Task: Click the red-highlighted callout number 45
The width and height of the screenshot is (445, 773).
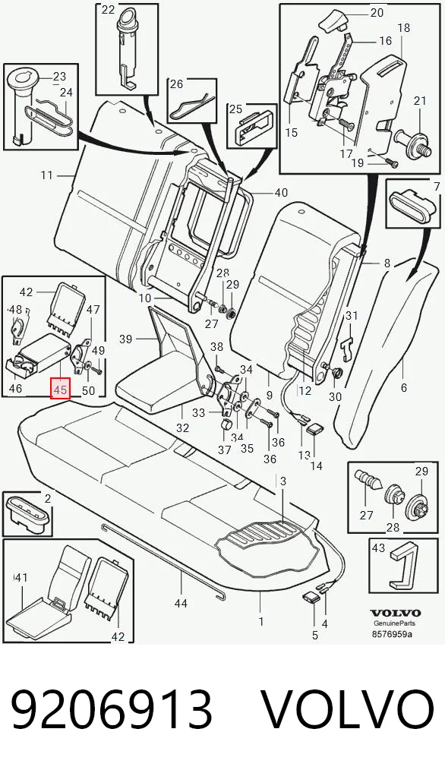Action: (61, 389)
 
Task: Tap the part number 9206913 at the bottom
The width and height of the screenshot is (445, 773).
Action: (112, 709)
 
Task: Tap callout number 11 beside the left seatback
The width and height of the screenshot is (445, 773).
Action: (47, 175)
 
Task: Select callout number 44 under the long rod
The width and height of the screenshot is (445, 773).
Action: (181, 602)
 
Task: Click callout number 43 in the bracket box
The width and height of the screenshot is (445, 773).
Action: (378, 547)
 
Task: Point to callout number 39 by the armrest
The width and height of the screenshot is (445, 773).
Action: (126, 339)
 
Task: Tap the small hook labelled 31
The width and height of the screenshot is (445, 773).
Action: (349, 344)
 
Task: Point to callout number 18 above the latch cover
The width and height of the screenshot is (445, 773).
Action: (403, 27)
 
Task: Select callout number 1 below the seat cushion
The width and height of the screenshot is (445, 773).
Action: (261, 621)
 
